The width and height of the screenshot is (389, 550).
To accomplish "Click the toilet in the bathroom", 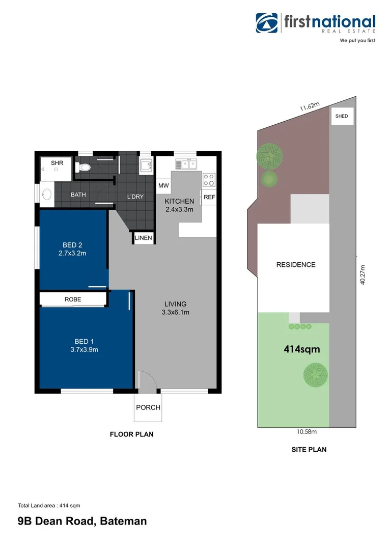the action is [x=83, y=167].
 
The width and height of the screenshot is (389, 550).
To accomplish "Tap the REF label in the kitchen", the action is [x=209, y=197].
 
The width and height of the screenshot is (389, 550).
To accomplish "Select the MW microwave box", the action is [x=163, y=185].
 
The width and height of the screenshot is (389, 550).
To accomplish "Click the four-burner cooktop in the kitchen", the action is [x=209, y=180].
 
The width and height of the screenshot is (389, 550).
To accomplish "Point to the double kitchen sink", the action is [x=186, y=164].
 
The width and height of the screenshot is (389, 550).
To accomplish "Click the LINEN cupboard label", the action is [x=144, y=238].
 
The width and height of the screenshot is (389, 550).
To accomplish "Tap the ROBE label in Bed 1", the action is [x=73, y=299].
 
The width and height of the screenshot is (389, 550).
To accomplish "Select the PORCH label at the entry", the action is [x=148, y=407].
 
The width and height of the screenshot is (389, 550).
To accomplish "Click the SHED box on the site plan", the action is [x=342, y=116].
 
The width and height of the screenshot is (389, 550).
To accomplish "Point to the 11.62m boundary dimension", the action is [x=310, y=106].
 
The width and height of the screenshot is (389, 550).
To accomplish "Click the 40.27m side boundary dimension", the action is [x=363, y=274].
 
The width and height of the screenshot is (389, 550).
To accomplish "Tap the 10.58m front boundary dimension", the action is [x=307, y=432].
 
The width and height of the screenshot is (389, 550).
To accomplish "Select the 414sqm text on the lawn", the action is [x=301, y=349].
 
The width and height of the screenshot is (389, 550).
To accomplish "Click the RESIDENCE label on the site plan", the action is [x=296, y=265].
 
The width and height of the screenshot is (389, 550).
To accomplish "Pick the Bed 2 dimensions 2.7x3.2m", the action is [x=72, y=253].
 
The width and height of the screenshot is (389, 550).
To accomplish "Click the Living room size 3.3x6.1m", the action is [x=175, y=312].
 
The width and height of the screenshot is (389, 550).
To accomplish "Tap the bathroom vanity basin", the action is [x=47, y=195].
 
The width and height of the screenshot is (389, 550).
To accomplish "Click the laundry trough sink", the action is [x=146, y=166].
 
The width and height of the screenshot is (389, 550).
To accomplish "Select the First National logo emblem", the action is [x=267, y=23].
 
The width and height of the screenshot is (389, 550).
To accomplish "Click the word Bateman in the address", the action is [x=123, y=521].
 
